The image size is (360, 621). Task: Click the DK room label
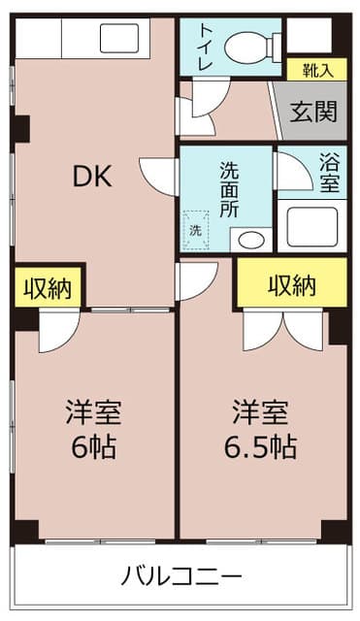(93, 177)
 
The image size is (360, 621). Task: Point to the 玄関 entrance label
(314, 112)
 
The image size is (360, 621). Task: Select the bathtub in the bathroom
(311, 224)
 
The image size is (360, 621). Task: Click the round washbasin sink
(250, 239)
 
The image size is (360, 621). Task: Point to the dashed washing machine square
(197, 229)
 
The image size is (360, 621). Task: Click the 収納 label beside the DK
(48, 288)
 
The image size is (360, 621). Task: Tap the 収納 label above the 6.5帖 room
(292, 285)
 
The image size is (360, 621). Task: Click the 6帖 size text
(92, 448)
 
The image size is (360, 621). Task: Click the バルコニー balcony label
(181, 576)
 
